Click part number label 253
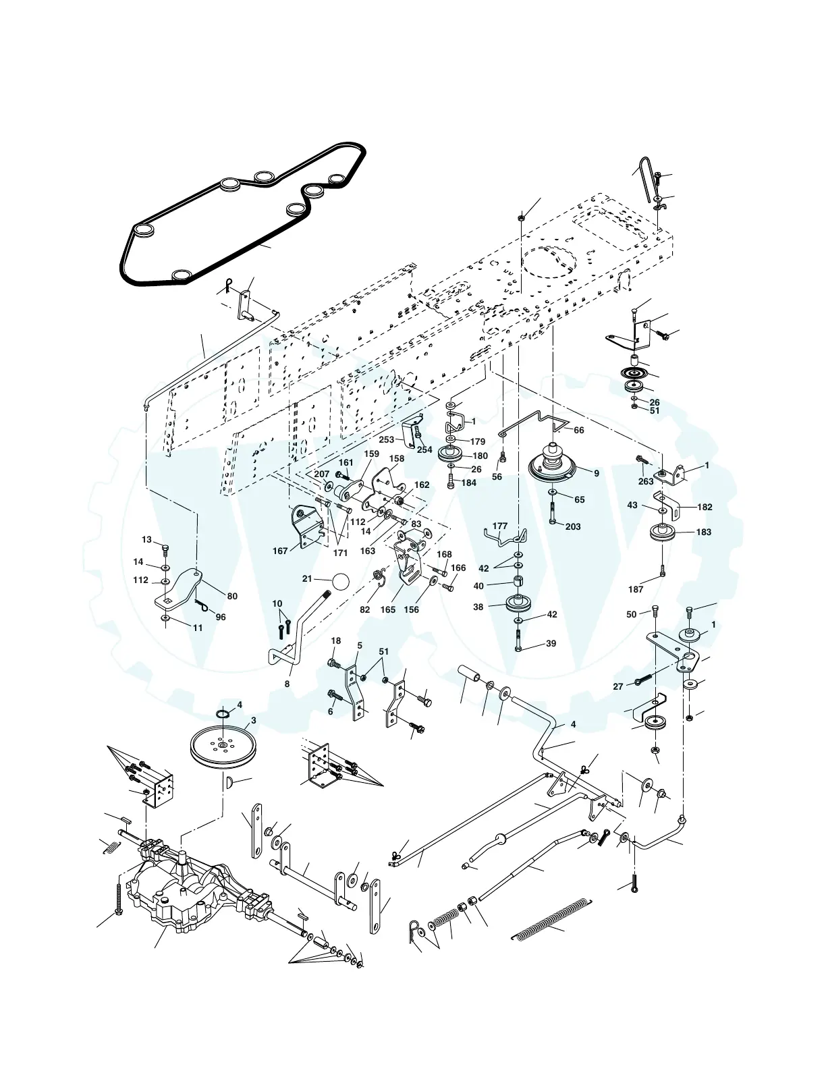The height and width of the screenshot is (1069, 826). (387, 439)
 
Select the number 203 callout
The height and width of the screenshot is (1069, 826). (573, 526)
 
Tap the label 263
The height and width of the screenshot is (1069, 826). (646, 481)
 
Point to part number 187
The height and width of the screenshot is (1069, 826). (635, 589)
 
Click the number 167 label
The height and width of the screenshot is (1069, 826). (281, 551)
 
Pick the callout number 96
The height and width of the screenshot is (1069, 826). (221, 617)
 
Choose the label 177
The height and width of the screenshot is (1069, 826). (499, 526)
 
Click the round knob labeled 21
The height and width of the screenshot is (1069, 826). (341, 582)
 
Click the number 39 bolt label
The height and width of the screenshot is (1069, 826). (551, 643)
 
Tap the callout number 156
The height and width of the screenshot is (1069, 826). (411, 609)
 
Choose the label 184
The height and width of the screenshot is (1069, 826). (468, 483)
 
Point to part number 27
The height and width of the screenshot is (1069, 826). (618, 686)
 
